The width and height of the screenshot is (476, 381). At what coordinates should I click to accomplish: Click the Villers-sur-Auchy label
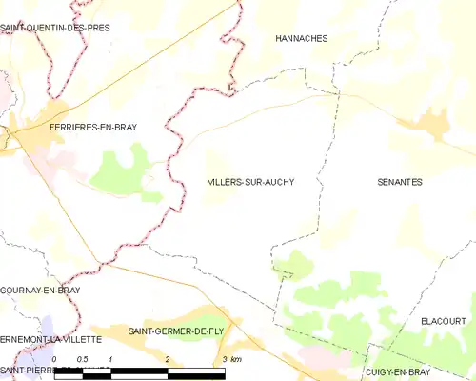(x=250, y=182)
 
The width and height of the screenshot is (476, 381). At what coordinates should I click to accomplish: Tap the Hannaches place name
(x=301, y=39)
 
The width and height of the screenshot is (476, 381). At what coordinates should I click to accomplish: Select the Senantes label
(x=400, y=182)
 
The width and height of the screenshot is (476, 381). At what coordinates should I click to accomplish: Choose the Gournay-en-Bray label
(x=40, y=290)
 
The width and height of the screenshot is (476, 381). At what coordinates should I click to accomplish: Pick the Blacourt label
(x=444, y=322)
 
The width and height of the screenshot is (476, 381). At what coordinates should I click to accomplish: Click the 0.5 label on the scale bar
(x=82, y=358)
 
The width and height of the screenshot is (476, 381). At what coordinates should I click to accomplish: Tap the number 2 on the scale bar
(x=168, y=358)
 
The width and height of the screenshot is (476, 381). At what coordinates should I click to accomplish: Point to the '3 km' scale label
(x=229, y=358)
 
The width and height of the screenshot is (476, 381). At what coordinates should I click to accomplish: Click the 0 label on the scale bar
(x=55, y=358)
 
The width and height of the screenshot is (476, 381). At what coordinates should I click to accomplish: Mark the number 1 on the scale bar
(x=111, y=358)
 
